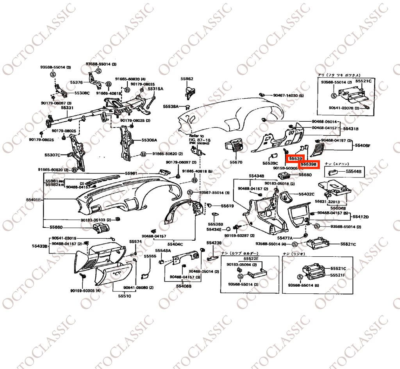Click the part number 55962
point(187,79)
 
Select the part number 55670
point(236,162)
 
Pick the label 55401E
point(34,200)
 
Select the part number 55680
point(305,175)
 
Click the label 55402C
point(307,194)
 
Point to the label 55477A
point(285,238)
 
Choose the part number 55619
point(227,206)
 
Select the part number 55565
point(150,256)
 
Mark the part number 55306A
point(149,140)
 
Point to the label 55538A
point(171,106)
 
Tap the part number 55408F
point(362,145)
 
